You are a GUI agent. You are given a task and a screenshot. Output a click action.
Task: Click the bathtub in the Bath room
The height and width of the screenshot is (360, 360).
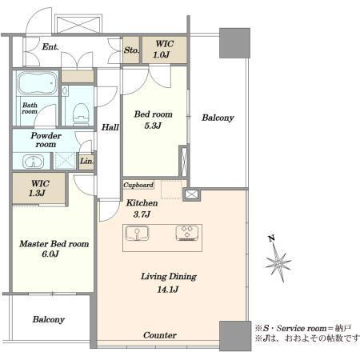pyautogui.click(x=38, y=83)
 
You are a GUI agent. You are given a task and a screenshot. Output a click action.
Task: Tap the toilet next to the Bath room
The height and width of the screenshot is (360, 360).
pyautogui.click(x=81, y=114)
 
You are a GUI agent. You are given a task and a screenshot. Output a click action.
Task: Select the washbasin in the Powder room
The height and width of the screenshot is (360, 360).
pyautogui.click(x=33, y=161)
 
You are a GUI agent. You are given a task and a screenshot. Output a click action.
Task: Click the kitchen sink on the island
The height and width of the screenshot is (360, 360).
pyautogui.click(x=137, y=234)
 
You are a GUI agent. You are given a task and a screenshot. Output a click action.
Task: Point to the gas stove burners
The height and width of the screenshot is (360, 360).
pyautogui.click(x=187, y=233)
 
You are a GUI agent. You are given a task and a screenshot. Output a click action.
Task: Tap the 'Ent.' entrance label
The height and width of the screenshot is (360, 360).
pyautogui.click(x=50, y=47)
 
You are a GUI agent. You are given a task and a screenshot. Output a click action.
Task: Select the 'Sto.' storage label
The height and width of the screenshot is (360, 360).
pyautogui.click(x=131, y=50)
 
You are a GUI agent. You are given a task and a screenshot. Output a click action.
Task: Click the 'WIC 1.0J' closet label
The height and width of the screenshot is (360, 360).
pyautogui.click(x=164, y=49)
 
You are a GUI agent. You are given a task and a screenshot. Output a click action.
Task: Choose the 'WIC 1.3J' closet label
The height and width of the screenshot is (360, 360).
pyautogui.click(x=39, y=188)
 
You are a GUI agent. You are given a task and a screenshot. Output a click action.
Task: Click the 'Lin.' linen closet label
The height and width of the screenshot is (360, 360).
pyautogui.click(x=86, y=161)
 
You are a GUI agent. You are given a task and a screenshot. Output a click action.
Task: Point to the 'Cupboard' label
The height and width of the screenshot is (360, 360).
pyautogui.click(x=138, y=185)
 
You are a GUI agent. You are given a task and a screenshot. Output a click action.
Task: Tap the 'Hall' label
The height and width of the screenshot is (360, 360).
pyautogui.click(x=110, y=127)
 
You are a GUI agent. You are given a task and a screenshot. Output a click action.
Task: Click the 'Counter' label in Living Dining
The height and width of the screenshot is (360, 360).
pyautogui.click(x=160, y=335)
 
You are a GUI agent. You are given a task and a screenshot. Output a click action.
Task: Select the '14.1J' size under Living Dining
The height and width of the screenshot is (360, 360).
pyautogui.click(x=168, y=290)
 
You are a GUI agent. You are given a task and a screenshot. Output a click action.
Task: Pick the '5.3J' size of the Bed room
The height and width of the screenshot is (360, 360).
pyautogui.click(x=153, y=126)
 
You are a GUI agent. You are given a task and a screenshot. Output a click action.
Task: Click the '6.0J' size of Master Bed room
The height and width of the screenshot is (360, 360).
pyautogui.click(x=50, y=254)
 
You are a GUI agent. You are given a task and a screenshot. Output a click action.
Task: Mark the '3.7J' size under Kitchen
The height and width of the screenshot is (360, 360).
pyautogui.click(x=142, y=214)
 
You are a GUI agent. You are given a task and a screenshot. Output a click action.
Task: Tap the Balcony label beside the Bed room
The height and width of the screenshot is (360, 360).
pyautogui.click(x=218, y=118)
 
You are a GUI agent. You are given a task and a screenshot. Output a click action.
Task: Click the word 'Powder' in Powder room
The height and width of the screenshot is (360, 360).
pyautogui.click(x=46, y=135)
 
